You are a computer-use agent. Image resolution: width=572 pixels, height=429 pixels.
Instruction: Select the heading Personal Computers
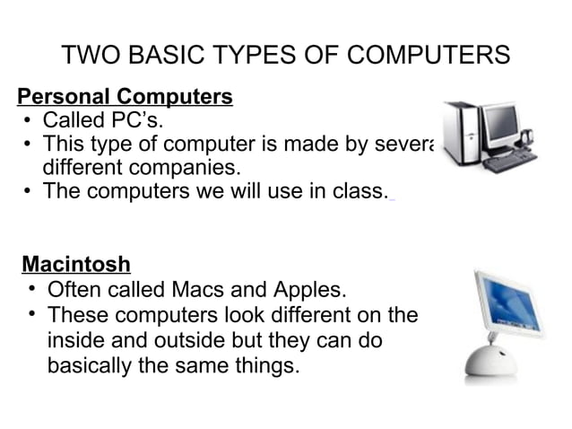coord(126,96)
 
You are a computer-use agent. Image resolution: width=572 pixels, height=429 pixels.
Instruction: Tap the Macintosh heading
coord(76,265)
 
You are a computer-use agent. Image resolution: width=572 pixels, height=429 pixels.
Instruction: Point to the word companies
coord(186,168)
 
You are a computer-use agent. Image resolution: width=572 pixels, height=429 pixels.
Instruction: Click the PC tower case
coord(460,135)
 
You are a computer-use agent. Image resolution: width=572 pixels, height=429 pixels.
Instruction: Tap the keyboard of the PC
coord(509,162)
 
